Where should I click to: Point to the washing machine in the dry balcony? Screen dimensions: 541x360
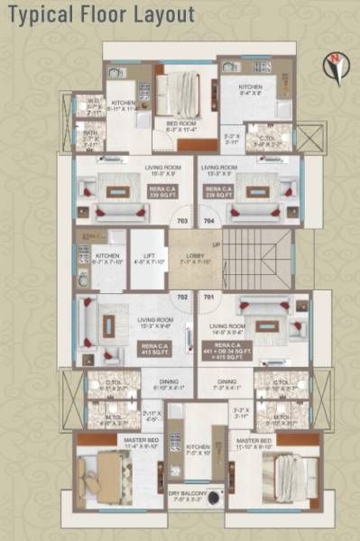213,496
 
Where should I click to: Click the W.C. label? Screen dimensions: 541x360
93,104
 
